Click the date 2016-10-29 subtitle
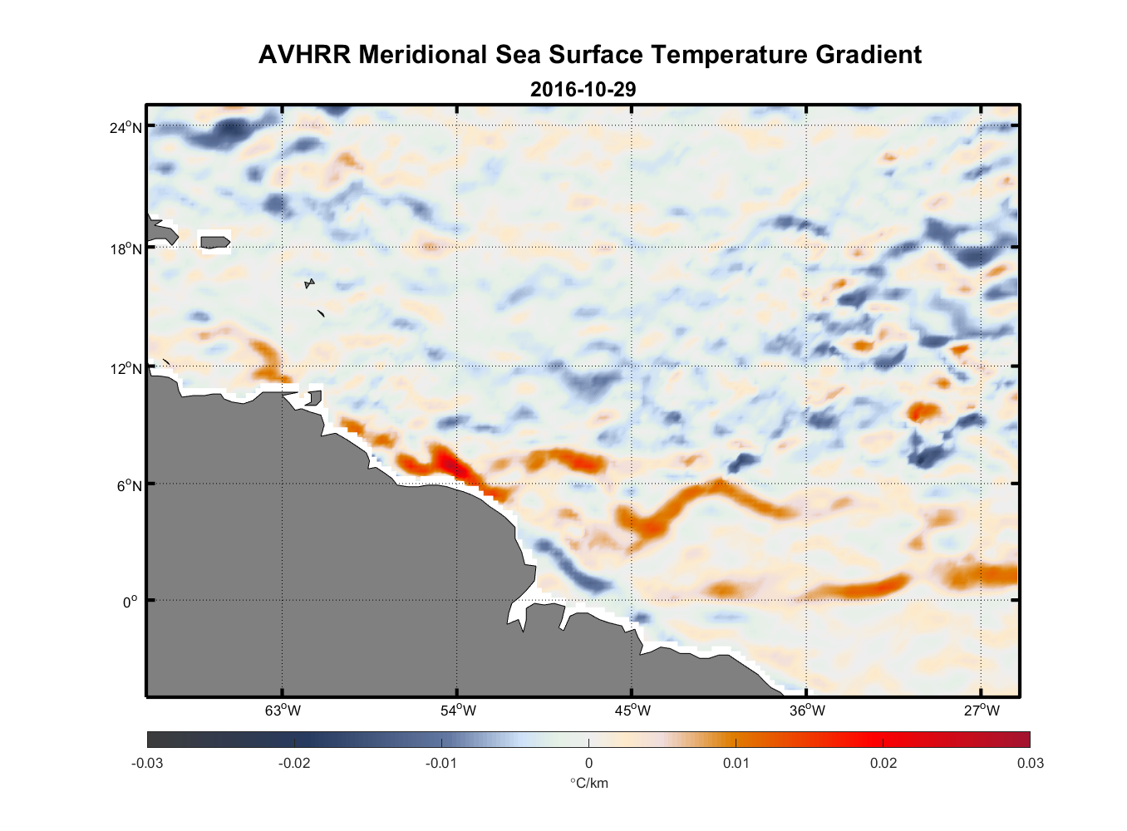point(583,89)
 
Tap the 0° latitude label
point(130,602)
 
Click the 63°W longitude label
point(283,711)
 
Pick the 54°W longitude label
point(458,711)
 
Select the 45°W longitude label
point(632,711)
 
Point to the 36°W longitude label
point(807,711)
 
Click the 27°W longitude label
point(982,711)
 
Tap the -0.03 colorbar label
point(147,763)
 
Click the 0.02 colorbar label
point(883,763)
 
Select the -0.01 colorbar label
point(441,763)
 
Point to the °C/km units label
point(588,783)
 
